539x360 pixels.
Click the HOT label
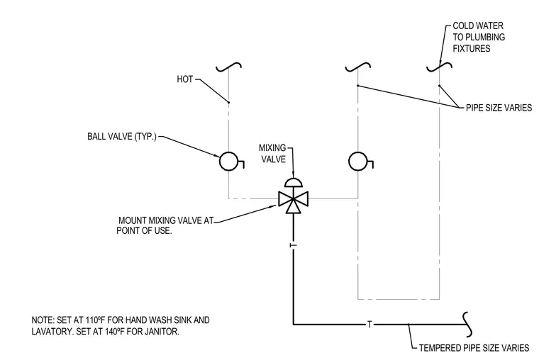click(x=185, y=79)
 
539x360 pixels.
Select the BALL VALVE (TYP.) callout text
click(x=122, y=136)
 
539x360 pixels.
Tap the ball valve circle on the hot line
click(x=228, y=161)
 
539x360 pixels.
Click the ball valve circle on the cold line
click(x=358, y=161)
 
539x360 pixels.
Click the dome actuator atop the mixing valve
click(x=293, y=182)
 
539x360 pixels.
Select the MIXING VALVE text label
click(x=272, y=154)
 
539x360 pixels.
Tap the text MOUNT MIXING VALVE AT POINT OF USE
click(x=165, y=225)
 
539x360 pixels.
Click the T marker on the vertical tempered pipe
click(x=293, y=245)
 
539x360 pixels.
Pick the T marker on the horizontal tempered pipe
click(x=369, y=324)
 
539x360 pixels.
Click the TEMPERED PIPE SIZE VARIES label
click(x=474, y=348)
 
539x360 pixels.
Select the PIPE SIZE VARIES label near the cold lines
click(x=499, y=108)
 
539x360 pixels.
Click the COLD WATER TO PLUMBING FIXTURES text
click(x=479, y=37)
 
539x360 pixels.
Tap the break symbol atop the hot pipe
click(x=228, y=67)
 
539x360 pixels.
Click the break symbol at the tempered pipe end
click(x=467, y=325)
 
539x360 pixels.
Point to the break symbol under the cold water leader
click(x=439, y=67)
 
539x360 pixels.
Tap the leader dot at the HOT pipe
click(x=228, y=102)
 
